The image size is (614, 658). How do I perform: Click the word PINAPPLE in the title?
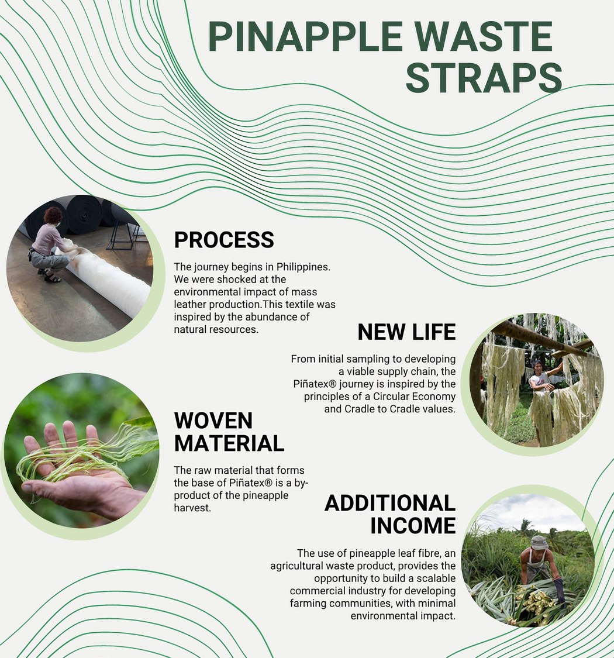305,36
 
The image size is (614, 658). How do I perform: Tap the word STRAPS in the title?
484,78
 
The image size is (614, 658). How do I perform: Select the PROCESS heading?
224,240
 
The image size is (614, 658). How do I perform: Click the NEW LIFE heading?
406,332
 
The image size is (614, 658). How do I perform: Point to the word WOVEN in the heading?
213,421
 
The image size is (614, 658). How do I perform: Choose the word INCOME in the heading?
413,525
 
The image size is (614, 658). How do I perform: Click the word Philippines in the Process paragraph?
303,267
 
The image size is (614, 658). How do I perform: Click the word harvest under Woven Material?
192,508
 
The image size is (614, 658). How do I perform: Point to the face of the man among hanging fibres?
539,368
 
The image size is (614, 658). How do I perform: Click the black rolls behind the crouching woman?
84,214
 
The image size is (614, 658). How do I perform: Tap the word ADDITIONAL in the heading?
390,503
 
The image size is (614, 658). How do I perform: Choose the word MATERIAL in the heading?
229,443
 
